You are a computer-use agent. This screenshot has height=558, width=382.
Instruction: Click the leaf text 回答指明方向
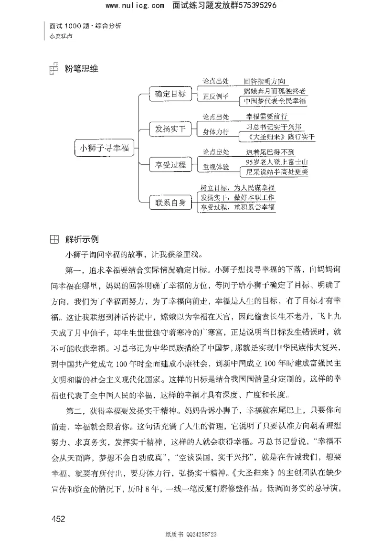tap(265, 82)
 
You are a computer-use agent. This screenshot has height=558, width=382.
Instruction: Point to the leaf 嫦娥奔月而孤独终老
tap(275, 91)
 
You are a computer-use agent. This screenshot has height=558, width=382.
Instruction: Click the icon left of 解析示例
tap(54, 239)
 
